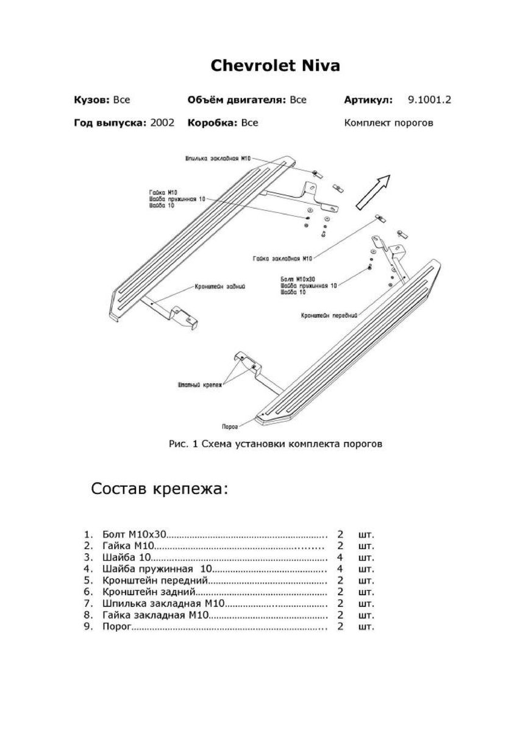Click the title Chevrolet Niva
point(275,66)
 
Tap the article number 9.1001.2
point(429,100)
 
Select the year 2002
point(162,123)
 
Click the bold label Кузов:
point(92,100)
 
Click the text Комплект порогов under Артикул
point(388,123)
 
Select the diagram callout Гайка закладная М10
point(282,259)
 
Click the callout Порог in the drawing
point(230,426)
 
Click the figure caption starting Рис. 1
point(275,444)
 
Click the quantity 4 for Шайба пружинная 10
point(340,569)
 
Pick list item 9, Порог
point(117,626)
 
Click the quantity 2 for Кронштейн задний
point(340,592)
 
